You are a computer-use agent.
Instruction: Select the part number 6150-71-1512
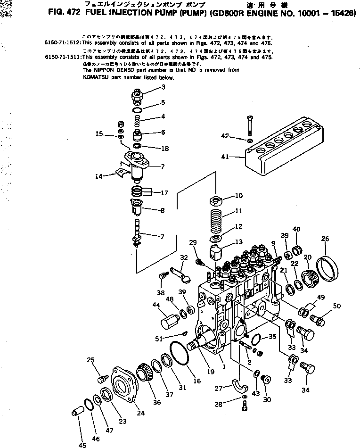pyautogui.click(x=61, y=41)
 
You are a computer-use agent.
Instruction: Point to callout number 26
pyautogui.click(x=325, y=239)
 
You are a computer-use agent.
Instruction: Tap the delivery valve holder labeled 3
pyautogui.click(x=137, y=96)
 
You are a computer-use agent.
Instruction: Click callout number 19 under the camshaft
pyautogui.click(x=210, y=372)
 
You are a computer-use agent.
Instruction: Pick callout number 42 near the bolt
pyautogui.click(x=226, y=136)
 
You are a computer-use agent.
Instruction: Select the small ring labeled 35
pyautogui.click(x=256, y=340)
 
